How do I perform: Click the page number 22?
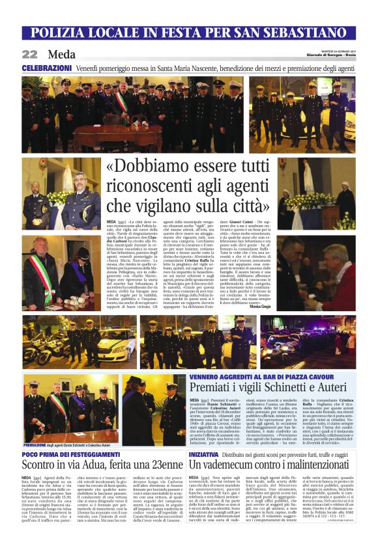tap(30, 55)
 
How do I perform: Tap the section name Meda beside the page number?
tap(61, 55)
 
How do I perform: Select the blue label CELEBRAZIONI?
tap(46, 68)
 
